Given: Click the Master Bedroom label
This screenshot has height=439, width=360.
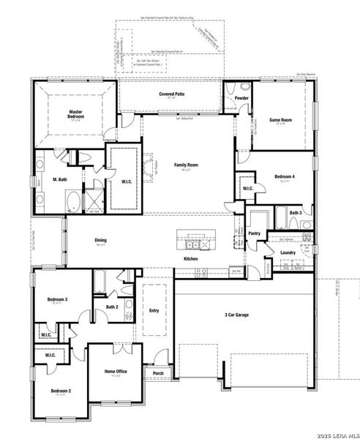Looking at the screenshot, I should pos(74,114).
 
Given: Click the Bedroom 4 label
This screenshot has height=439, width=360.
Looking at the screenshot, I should pos(285,176).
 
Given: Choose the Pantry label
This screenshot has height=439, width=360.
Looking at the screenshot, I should pos(255,233).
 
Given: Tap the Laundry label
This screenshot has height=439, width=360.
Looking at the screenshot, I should pos(288,252).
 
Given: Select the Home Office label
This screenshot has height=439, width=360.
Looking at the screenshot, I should pos(116,372).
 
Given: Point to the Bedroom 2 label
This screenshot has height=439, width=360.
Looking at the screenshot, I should pos(60,391).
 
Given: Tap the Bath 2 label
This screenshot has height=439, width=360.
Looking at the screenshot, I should pos(111,307).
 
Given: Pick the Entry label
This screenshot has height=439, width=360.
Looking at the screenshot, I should pos(154,311).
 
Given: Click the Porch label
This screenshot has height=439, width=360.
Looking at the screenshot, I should pos(158,373).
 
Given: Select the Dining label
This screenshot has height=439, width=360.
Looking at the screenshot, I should pos(101,240).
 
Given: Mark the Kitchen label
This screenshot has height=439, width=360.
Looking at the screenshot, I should pos(191,259).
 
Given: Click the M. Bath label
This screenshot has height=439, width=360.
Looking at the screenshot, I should pos(60,179).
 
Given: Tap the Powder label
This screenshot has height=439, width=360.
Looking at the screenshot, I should pos(242,98).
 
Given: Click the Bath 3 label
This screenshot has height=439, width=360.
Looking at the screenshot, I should pos(295,212).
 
